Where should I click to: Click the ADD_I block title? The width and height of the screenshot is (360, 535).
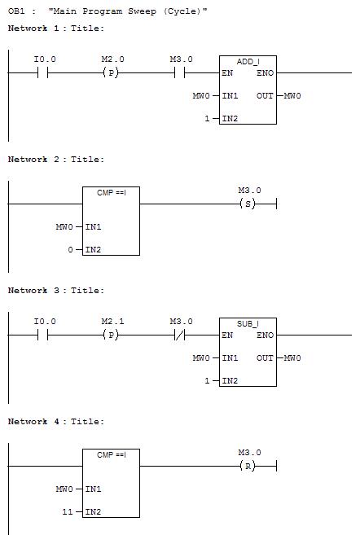[248, 62]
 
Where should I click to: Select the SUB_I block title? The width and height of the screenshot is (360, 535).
[248, 324]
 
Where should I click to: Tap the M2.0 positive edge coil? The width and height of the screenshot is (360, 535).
[111, 72]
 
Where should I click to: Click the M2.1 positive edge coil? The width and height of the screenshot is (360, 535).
[111, 335]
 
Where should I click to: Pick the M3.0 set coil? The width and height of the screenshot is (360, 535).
[248, 204]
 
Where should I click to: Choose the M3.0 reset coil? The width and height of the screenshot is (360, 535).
[248, 466]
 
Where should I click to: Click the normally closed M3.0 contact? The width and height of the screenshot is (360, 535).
[179, 335]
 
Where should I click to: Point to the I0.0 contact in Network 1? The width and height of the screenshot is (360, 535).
[42, 72]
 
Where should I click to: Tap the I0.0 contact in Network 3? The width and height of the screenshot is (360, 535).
[42, 335]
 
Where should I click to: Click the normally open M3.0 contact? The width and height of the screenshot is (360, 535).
[179, 72]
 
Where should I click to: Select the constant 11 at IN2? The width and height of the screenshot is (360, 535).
[68, 512]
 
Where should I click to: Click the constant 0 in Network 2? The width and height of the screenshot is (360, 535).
[70, 250]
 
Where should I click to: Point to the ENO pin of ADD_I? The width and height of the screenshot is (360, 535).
[266, 73]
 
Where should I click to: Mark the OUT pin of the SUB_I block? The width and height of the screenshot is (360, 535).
[266, 358]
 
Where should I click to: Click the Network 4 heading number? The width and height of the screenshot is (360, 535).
[57, 422]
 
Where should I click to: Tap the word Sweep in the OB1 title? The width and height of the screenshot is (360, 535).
[142, 11]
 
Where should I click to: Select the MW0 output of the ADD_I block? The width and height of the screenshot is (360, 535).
[292, 96]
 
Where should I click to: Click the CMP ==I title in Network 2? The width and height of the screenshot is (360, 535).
[112, 193]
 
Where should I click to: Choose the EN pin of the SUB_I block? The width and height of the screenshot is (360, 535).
[227, 335]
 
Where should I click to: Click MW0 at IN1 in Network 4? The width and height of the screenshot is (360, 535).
[64, 489]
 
